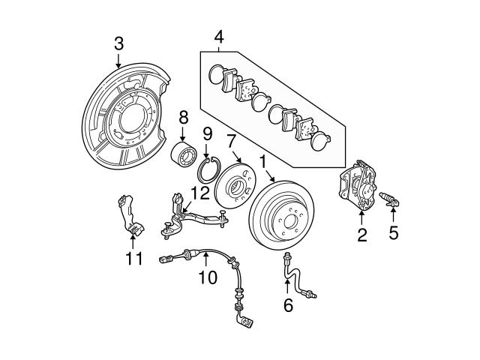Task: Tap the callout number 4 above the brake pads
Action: [218, 35]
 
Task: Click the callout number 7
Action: [232, 140]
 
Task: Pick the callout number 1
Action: [262, 160]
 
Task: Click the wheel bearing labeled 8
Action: [182, 153]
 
